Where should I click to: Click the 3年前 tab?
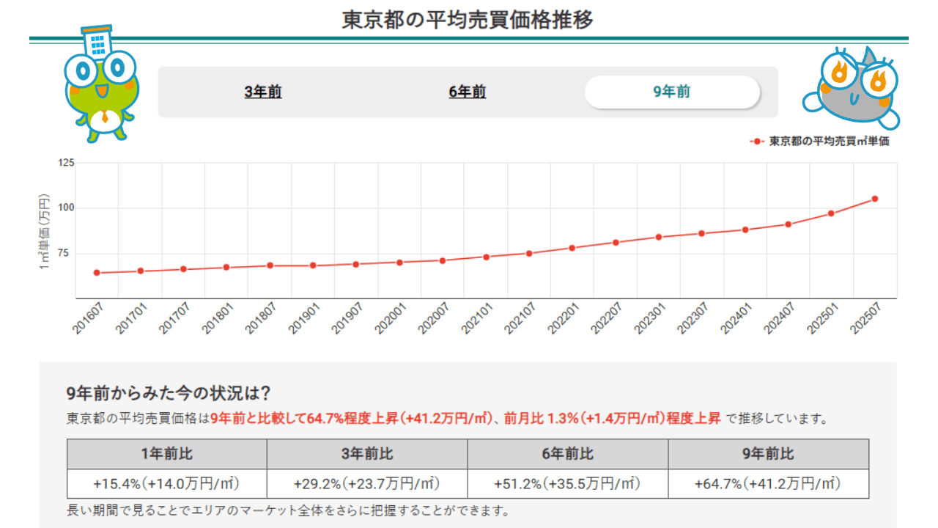click(263, 92)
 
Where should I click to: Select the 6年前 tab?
click(467, 92)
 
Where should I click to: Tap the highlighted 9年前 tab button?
click(672, 92)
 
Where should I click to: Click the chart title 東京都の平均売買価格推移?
click(468, 20)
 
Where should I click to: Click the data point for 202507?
click(874, 199)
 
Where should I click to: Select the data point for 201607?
click(97, 273)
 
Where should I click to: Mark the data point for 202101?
click(486, 257)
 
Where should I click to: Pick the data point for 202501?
click(831, 213)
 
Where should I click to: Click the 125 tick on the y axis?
click(66, 162)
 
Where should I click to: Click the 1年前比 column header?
click(167, 454)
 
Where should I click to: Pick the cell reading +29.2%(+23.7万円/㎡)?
click(367, 484)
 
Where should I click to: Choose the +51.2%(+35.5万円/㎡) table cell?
click(568, 484)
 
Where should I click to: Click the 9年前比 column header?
click(768, 454)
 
